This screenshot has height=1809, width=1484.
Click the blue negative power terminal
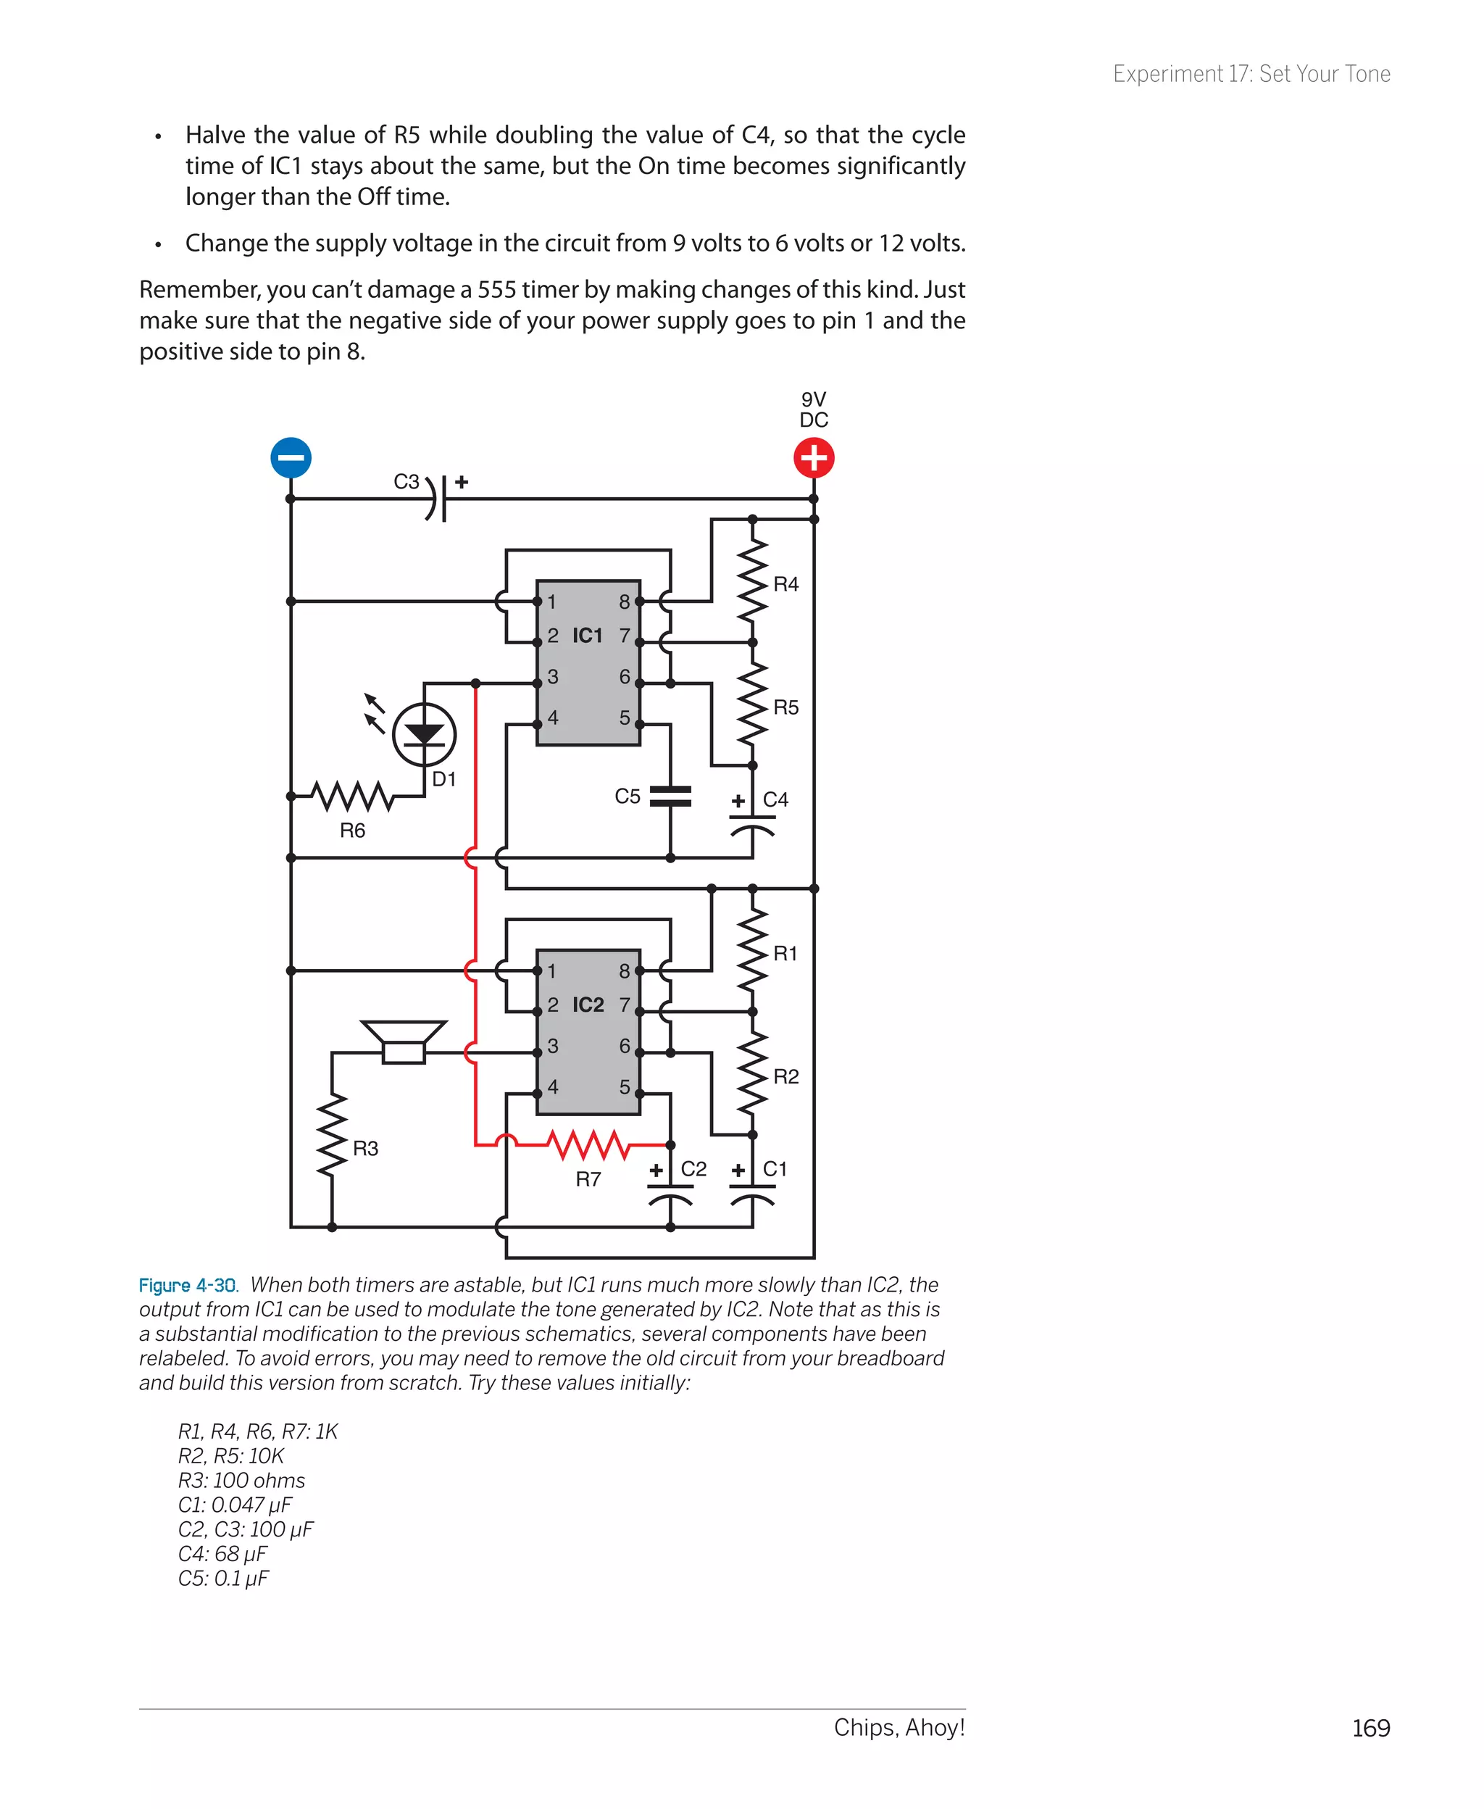[x=291, y=457]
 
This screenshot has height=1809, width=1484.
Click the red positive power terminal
[x=813, y=457]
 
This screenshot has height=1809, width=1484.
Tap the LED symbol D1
[x=424, y=734]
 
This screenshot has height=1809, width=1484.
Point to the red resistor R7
[x=588, y=1144]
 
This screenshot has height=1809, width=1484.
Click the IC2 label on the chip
[x=588, y=1005]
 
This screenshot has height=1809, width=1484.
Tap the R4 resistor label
[x=785, y=584]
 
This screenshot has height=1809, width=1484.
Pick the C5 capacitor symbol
[x=670, y=796]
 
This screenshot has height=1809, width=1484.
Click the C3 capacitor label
[x=406, y=481]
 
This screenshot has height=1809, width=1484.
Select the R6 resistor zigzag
[x=352, y=796]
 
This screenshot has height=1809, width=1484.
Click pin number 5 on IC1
[x=625, y=718]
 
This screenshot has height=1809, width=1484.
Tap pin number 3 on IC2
[x=553, y=1046]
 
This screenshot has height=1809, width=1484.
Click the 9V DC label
[x=814, y=409]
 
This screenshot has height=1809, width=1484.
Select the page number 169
[x=1370, y=1728]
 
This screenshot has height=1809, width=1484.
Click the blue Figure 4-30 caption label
[x=187, y=1285]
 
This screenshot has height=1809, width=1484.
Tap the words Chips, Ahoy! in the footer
[x=899, y=1727]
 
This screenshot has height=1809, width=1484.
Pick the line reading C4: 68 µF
[x=222, y=1553]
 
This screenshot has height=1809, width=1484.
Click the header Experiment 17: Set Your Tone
[x=1251, y=75]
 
